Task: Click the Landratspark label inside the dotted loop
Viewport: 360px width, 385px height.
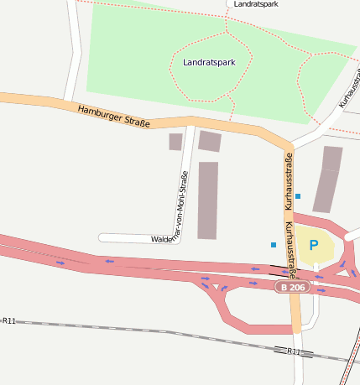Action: pyautogui.click(x=209, y=62)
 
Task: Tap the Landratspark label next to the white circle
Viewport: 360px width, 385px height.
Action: pyautogui.click(x=257, y=4)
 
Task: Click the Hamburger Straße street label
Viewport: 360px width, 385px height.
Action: pyautogui.click(x=113, y=116)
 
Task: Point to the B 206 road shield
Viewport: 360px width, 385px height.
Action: pyautogui.click(x=293, y=287)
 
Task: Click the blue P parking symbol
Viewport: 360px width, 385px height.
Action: pyautogui.click(x=314, y=246)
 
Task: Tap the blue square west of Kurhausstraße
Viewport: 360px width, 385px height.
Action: pyautogui.click(x=273, y=245)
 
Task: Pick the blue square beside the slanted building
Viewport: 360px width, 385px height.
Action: pyautogui.click(x=298, y=196)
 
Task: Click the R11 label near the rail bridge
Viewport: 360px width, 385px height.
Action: pyautogui.click(x=293, y=351)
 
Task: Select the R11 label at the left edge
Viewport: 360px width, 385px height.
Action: pyautogui.click(x=8, y=320)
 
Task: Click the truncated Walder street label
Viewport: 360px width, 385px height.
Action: pyautogui.click(x=162, y=239)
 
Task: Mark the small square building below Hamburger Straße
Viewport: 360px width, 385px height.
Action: pyautogui.click(x=175, y=142)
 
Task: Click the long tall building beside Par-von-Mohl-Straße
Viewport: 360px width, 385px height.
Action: pyautogui.click(x=207, y=200)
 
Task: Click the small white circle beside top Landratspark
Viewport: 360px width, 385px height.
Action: pyautogui.click(x=230, y=4)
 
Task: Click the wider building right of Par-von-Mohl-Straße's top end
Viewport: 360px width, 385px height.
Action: pyautogui.click(x=209, y=141)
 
